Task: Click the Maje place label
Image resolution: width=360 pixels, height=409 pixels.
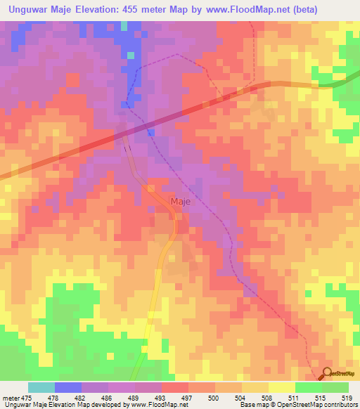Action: [180, 202]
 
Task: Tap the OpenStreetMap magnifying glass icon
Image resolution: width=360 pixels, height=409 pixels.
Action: [325, 374]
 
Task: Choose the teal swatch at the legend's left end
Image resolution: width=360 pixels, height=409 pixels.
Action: [41, 387]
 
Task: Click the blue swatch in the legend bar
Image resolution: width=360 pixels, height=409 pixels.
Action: [68, 387]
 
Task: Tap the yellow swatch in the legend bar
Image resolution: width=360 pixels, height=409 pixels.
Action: [281, 387]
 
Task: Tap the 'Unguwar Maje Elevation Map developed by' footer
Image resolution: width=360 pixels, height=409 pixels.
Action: [53, 405]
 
